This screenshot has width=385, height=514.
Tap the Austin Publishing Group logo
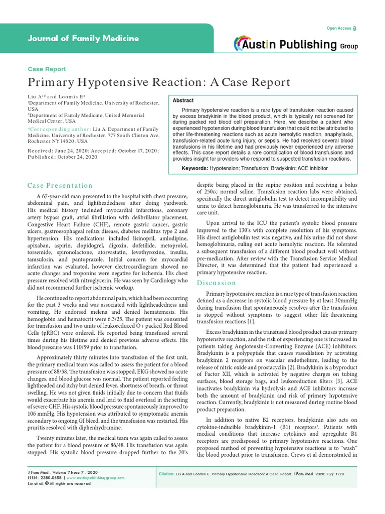click(x=296, y=45)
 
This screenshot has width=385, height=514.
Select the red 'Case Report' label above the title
click(x=46, y=69)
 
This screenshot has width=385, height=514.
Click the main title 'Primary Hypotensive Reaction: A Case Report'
click(x=158, y=82)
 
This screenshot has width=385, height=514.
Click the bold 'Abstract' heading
click(x=183, y=100)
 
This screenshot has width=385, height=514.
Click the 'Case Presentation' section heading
click(x=60, y=186)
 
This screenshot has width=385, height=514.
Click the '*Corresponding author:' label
click(x=52, y=130)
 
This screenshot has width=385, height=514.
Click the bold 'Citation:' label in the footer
click(x=166, y=473)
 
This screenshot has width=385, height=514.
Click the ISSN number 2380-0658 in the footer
click(x=52, y=478)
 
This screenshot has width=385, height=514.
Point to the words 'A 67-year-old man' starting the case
click(x=64, y=195)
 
